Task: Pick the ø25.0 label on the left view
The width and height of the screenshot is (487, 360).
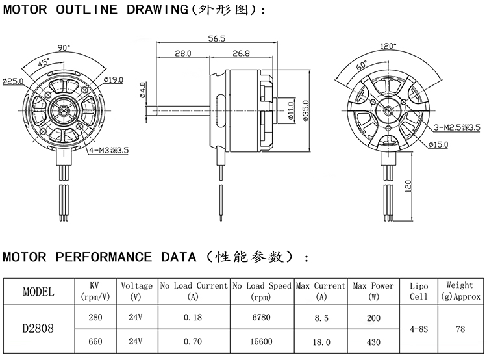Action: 13,81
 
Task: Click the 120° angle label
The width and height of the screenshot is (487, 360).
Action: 388,46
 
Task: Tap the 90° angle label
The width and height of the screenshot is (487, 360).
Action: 64,47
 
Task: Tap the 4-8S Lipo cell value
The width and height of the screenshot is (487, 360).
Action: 419,329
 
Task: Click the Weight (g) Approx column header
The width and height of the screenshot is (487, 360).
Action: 460,290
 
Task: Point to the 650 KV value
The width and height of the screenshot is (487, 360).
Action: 95,341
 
